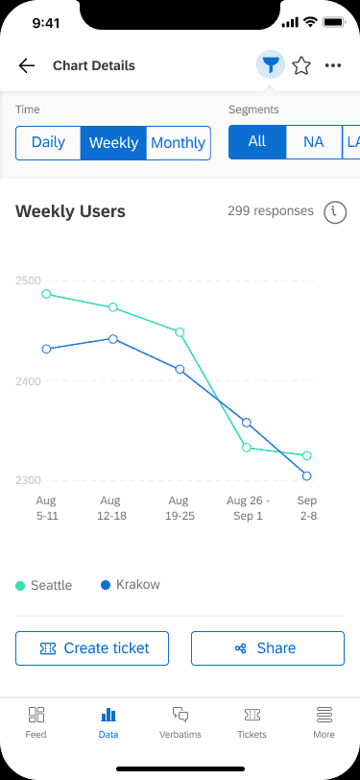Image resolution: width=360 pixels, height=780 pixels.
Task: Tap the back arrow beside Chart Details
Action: pyautogui.click(x=26, y=65)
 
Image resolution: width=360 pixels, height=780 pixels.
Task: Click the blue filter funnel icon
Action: pyautogui.click(x=271, y=65)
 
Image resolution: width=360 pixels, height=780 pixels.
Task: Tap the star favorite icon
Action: pyautogui.click(x=301, y=65)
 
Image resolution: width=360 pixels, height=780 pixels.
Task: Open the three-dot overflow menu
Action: pyautogui.click(x=333, y=65)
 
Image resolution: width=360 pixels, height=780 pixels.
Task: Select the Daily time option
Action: pyautogui.click(x=48, y=143)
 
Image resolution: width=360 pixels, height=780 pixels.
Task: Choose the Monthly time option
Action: pyautogui.click(x=178, y=143)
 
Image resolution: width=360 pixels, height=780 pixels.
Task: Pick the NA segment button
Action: pyautogui.click(x=314, y=142)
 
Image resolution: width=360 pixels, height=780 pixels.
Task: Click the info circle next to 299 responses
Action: pyautogui.click(x=335, y=212)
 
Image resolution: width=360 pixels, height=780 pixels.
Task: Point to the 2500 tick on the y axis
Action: pyautogui.click(x=28, y=280)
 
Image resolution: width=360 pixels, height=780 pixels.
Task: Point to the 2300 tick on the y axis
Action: pyautogui.click(x=28, y=480)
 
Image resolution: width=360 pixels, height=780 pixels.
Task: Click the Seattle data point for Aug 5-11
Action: pyautogui.click(x=46, y=294)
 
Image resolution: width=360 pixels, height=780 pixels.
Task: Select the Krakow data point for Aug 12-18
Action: pyautogui.click(x=113, y=339)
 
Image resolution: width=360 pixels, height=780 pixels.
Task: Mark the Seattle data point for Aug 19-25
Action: pyautogui.click(x=180, y=332)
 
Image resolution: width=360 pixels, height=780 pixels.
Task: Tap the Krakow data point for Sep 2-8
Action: pyautogui.click(x=307, y=476)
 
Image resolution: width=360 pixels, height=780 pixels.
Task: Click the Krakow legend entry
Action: pyautogui.click(x=131, y=584)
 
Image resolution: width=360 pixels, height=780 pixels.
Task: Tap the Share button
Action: pyautogui.click(x=268, y=648)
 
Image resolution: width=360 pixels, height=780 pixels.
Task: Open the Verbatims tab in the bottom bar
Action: pyautogui.click(x=180, y=722)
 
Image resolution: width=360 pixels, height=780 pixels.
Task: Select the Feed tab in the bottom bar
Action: pyautogui.click(x=36, y=722)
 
